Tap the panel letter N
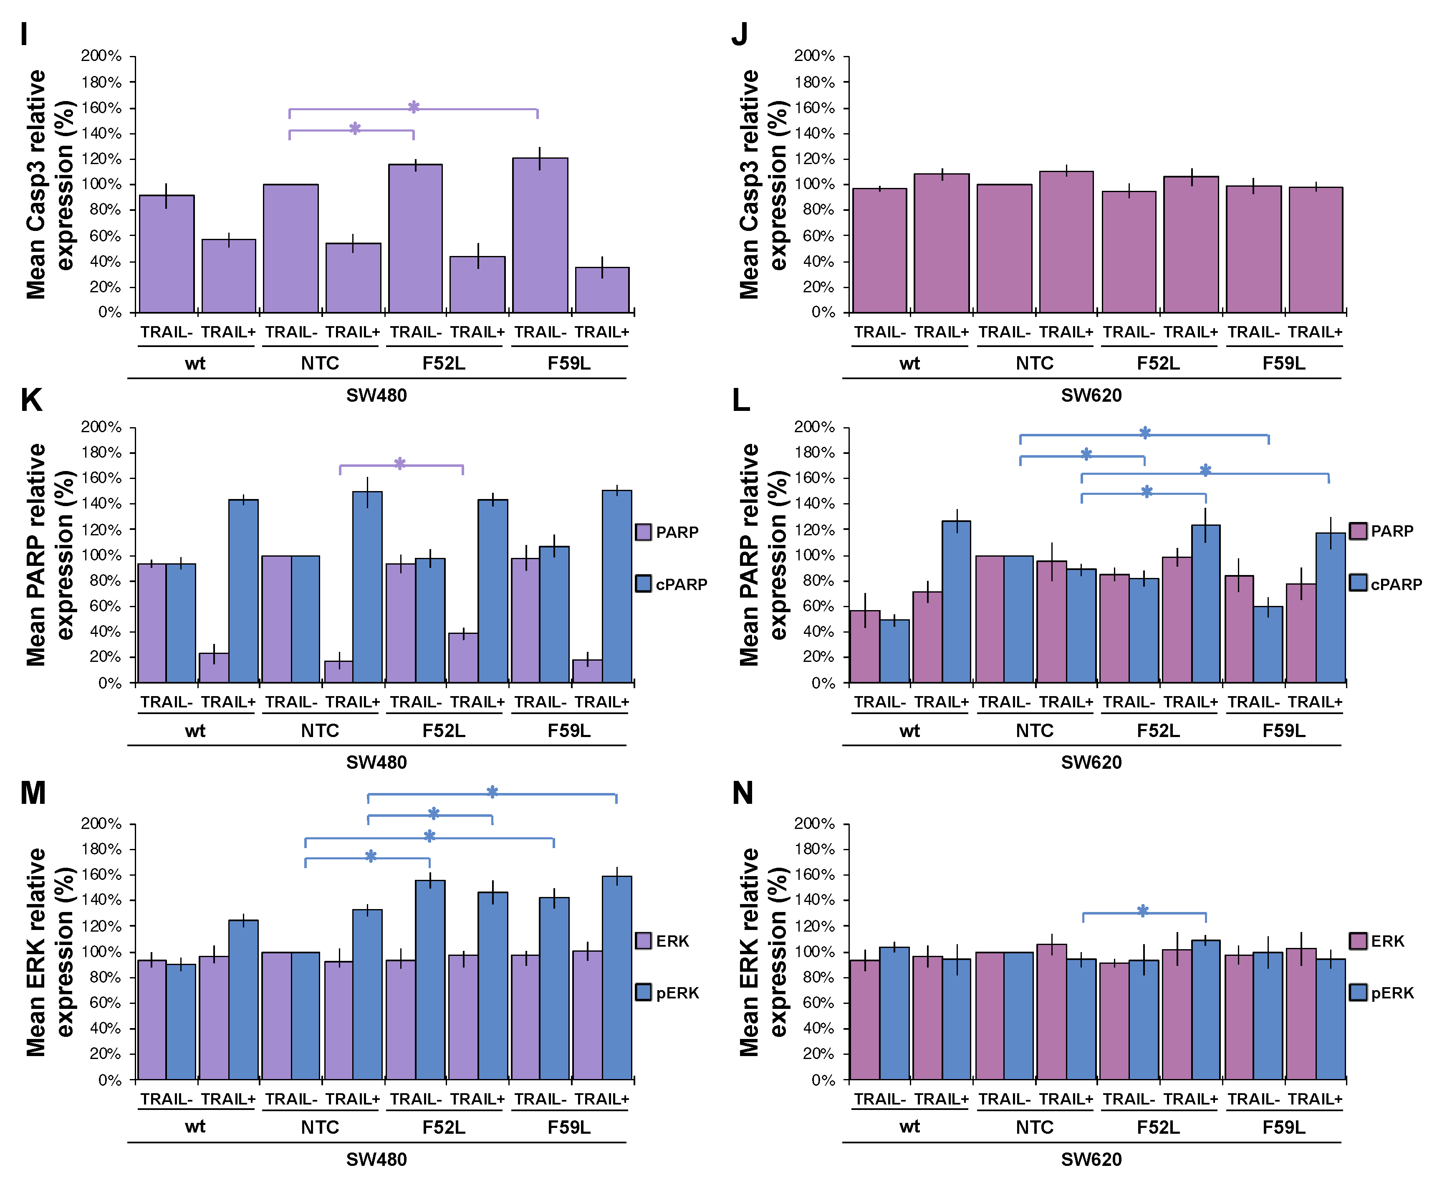(x=742, y=793)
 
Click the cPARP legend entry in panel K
(x=672, y=584)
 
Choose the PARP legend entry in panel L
(x=1381, y=531)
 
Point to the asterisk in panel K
(x=399, y=464)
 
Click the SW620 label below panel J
(x=1091, y=395)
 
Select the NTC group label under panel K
(x=320, y=731)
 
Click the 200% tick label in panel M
(x=101, y=823)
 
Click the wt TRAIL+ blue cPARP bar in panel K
(x=243, y=590)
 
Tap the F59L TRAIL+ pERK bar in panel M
(x=616, y=977)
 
